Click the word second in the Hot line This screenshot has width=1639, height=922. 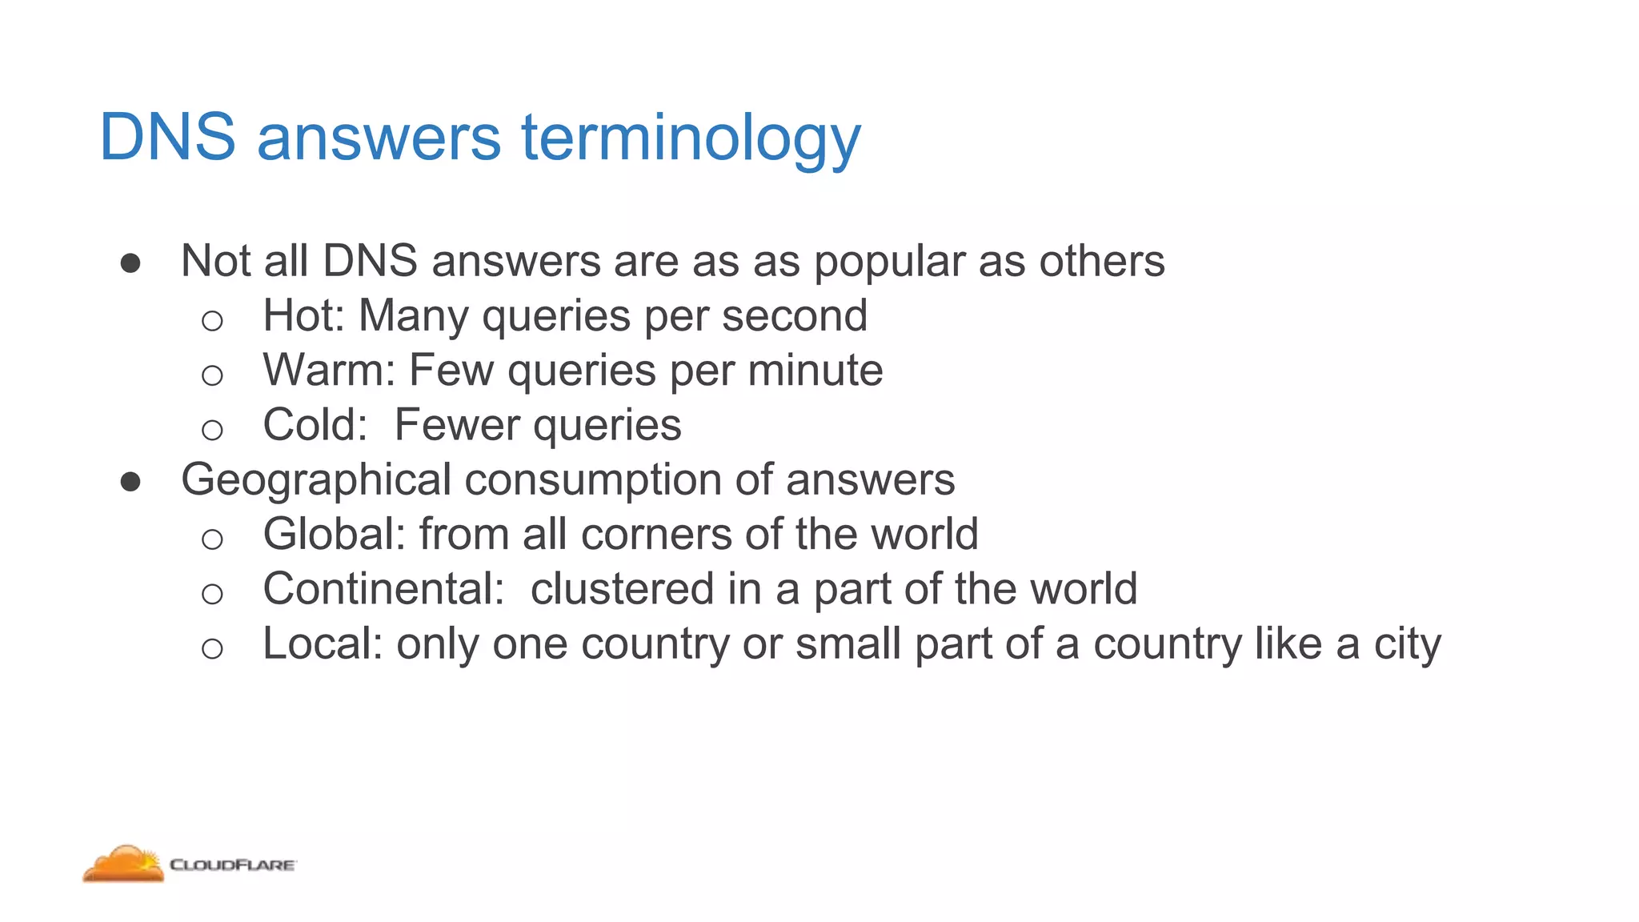(x=794, y=315)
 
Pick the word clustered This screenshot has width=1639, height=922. (x=622, y=588)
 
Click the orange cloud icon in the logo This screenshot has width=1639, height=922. (x=124, y=864)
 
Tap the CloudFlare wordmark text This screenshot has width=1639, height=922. (x=233, y=865)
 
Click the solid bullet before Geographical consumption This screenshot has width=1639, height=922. (x=130, y=481)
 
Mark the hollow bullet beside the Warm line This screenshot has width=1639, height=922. (x=212, y=375)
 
